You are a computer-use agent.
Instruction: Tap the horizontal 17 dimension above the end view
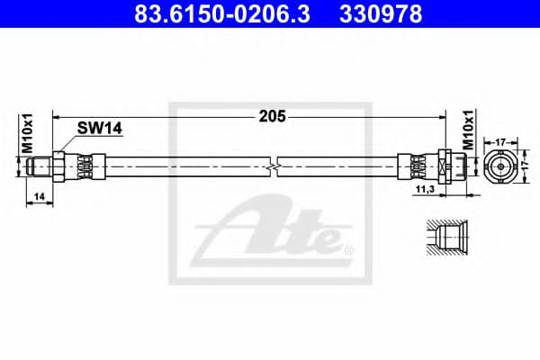point(500,140)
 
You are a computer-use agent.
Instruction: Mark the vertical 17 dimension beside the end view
point(525,166)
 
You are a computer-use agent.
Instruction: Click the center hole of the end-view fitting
point(500,166)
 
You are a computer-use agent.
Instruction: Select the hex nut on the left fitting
point(58,166)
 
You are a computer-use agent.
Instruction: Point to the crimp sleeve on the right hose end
point(418,166)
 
